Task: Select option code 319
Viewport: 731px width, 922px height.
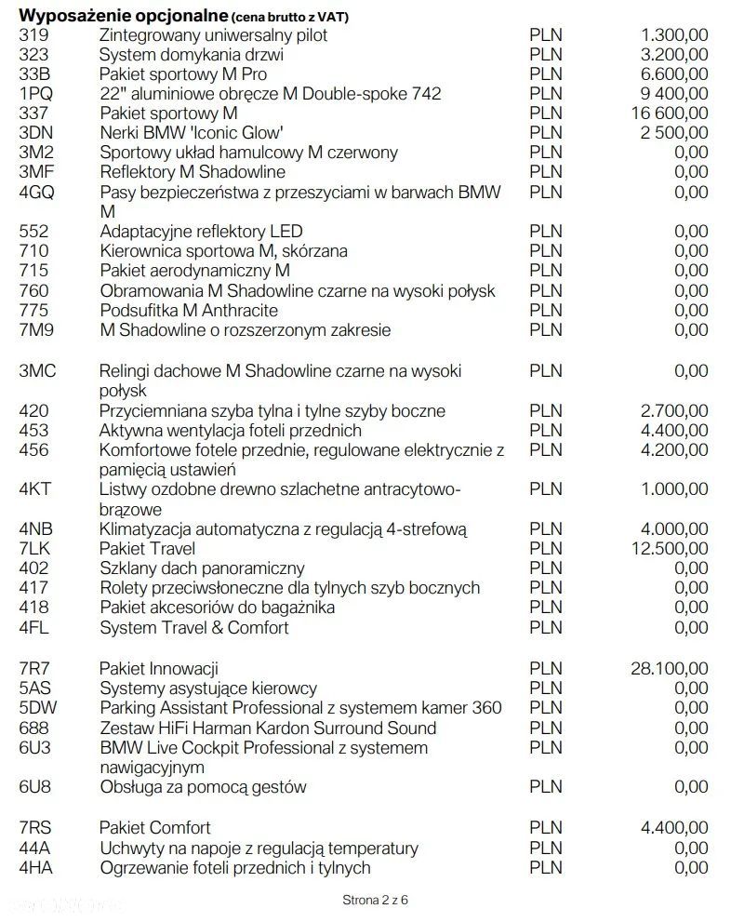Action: coord(33,35)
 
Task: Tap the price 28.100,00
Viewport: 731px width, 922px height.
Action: coord(668,668)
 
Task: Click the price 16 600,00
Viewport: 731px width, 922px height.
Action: coord(668,114)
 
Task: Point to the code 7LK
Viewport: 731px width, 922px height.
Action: coord(37,548)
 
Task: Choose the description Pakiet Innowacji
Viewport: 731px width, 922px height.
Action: coord(159,668)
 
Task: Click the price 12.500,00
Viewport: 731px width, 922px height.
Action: coord(668,548)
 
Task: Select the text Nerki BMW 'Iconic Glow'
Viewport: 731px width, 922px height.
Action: coord(192,133)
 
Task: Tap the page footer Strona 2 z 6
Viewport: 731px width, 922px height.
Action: coord(375,900)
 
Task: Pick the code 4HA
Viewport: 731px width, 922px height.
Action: coord(37,867)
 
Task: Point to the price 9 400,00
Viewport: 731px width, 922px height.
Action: coord(672,94)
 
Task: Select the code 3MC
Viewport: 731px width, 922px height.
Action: coord(38,370)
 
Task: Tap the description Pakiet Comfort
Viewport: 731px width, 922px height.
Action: coord(155,827)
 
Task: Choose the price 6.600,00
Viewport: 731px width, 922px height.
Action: coord(672,74)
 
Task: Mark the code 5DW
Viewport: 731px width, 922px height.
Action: coord(39,708)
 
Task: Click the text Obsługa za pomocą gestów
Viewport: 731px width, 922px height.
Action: coord(203,787)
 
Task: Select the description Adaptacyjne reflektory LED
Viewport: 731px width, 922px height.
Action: coord(201,231)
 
